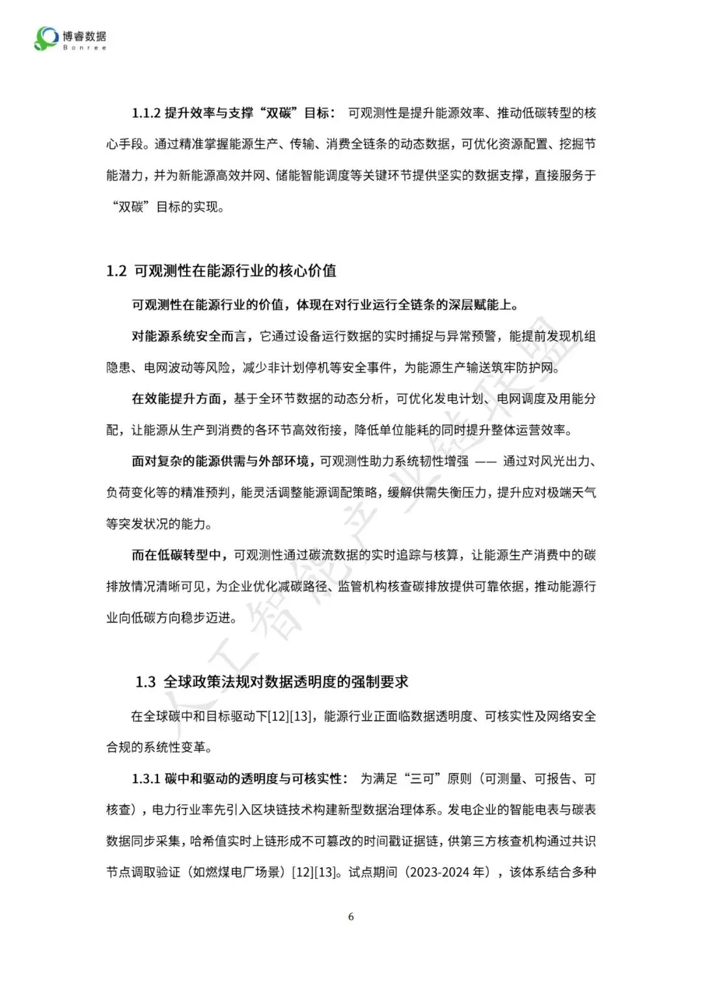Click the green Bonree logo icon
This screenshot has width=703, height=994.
click(46, 38)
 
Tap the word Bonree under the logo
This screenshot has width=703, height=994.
click(85, 47)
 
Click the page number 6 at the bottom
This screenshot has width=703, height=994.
click(351, 917)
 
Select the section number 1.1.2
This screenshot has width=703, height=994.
click(146, 113)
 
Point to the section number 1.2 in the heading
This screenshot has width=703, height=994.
click(116, 271)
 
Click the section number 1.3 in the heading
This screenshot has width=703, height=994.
click(146, 682)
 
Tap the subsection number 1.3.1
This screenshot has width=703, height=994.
click(146, 779)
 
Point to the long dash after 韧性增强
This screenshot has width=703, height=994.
click(486, 461)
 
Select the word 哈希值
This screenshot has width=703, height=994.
click(208, 841)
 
